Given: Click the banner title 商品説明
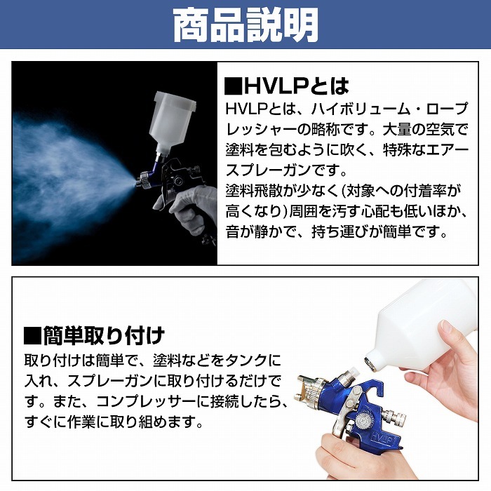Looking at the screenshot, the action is (245, 25).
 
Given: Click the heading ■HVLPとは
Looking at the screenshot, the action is (287, 86).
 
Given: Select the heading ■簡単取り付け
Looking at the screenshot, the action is (94, 335).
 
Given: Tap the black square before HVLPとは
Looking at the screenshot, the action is (234, 86).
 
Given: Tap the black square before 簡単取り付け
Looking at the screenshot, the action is (32, 336).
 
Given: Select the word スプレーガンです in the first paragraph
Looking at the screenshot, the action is (286, 170).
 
